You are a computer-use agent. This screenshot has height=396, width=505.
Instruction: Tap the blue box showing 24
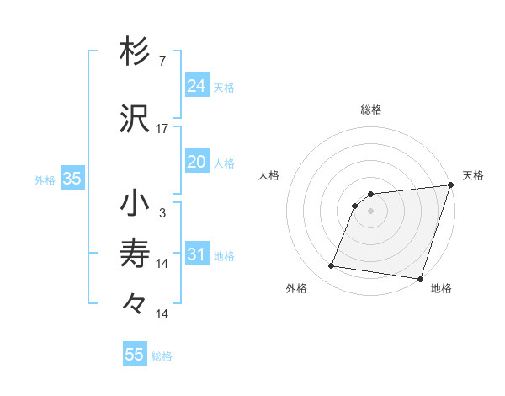(x=197, y=85)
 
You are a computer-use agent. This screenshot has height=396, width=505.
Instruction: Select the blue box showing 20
(x=197, y=162)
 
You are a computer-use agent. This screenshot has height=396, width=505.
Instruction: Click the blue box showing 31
(x=197, y=254)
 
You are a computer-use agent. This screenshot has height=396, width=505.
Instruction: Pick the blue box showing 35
(x=72, y=179)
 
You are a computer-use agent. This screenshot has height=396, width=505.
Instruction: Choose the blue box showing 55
(x=135, y=355)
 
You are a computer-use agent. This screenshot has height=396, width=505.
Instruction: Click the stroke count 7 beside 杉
(x=162, y=62)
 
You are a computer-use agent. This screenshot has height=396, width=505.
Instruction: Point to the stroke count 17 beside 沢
(x=162, y=129)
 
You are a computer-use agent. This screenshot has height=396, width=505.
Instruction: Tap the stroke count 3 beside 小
(x=162, y=213)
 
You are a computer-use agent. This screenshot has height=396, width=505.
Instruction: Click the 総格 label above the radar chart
(x=370, y=110)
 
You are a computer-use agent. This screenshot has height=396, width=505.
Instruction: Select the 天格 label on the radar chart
(x=473, y=175)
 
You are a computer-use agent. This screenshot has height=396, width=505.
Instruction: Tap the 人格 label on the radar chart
(x=268, y=175)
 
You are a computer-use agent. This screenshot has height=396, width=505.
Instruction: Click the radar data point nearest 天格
(x=450, y=185)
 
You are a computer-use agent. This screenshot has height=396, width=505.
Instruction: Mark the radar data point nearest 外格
(x=332, y=266)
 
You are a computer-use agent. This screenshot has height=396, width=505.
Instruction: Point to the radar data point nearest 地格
(x=420, y=278)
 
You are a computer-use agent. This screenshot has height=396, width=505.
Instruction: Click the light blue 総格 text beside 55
(x=162, y=356)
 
